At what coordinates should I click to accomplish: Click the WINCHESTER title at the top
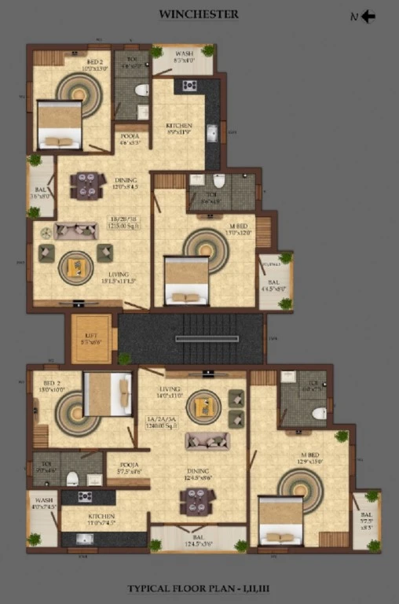pyautogui.click(x=199, y=14)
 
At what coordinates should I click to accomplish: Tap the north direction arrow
pyautogui.click(x=367, y=17)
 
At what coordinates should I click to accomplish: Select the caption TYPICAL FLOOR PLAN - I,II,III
pyautogui.click(x=199, y=588)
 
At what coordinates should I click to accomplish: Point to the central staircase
pyautogui.click(x=190, y=338)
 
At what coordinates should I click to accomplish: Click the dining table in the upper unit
pyautogui.click(x=87, y=186)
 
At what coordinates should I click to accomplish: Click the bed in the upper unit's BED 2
pyautogui.click(x=60, y=124)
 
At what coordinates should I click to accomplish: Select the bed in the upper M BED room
pyautogui.click(x=186, y=281)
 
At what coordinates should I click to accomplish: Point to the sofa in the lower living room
pyautogui.click(x=207, y=440)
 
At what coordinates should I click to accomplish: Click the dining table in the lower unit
pyautogui.click(x=197, y=501)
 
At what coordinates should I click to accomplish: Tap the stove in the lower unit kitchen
pyautogui.click(x=83, y=497)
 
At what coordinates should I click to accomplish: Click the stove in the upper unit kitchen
pyautogui.click(x=189, y=86)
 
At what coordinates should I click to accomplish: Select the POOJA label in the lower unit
pyautogui.click(x=128, y=466)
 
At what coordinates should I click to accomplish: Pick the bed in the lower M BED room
pyautogui.click(x=280, y=520)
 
